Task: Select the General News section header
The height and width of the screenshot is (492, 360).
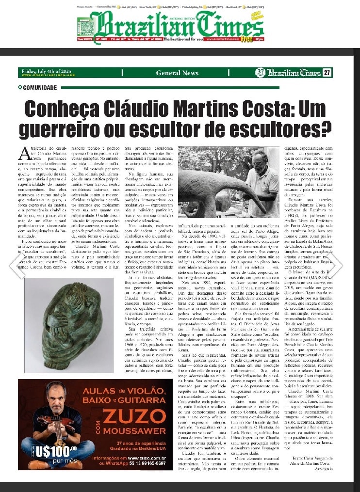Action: point(177,73)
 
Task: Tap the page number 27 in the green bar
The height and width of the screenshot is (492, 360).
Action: point(327,73)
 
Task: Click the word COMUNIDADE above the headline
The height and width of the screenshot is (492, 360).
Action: point(39,88)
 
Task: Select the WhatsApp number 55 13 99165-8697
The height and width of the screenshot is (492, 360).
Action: point(145,463)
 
